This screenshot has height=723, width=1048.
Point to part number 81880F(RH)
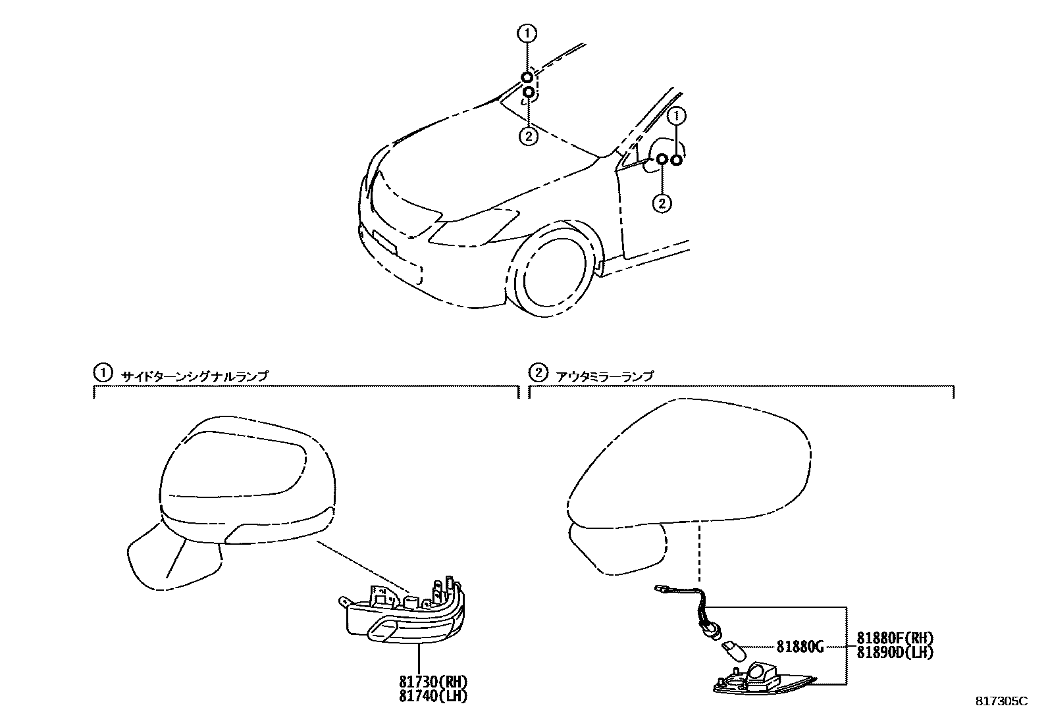pyautogui.click(x=895, y=638)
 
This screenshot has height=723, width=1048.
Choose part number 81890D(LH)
pyautogui.click(x=895, y=652)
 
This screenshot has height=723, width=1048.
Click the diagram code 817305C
pyautogui.click(x=1001, y=701)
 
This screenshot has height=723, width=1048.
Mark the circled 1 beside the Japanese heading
pyautogui.click(x=101, y=374)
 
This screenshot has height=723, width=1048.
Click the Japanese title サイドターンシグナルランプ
pyautogui.click(x=194, y=376)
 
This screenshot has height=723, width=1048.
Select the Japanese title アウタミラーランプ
pyautogui.click(x=605, y=376)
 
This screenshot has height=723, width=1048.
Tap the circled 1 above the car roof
pyautogui.click(x=528, y=32)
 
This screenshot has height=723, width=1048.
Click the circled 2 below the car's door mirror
pyautogui.click(x=662, y=203)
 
